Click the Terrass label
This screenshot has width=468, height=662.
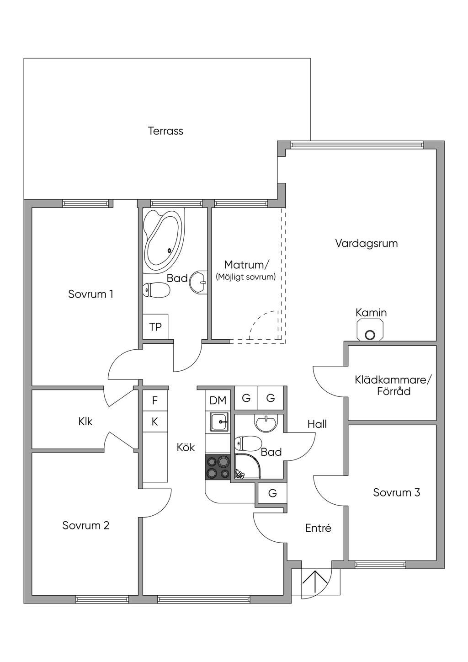[x=165, y=131]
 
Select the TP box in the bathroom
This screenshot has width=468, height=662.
[x=155, y=327]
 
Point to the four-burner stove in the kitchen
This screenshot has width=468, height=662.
[x=218, y=467]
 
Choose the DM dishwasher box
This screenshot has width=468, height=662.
[x=218, y=400]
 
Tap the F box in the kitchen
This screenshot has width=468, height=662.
[x=155, y=400]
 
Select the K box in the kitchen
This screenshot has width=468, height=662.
[x=155, y=422]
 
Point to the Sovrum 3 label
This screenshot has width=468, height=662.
[x=396, y=492]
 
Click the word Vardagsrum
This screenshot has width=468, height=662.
[x=367, y=243]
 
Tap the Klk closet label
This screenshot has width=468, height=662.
[x=85, y=421]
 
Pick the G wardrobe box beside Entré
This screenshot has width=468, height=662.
[x=272, y=493]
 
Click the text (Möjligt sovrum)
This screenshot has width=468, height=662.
[x=246, y=277]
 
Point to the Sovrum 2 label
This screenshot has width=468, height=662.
[x=86, y=525]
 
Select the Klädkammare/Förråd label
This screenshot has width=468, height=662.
[x=393, y=385]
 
